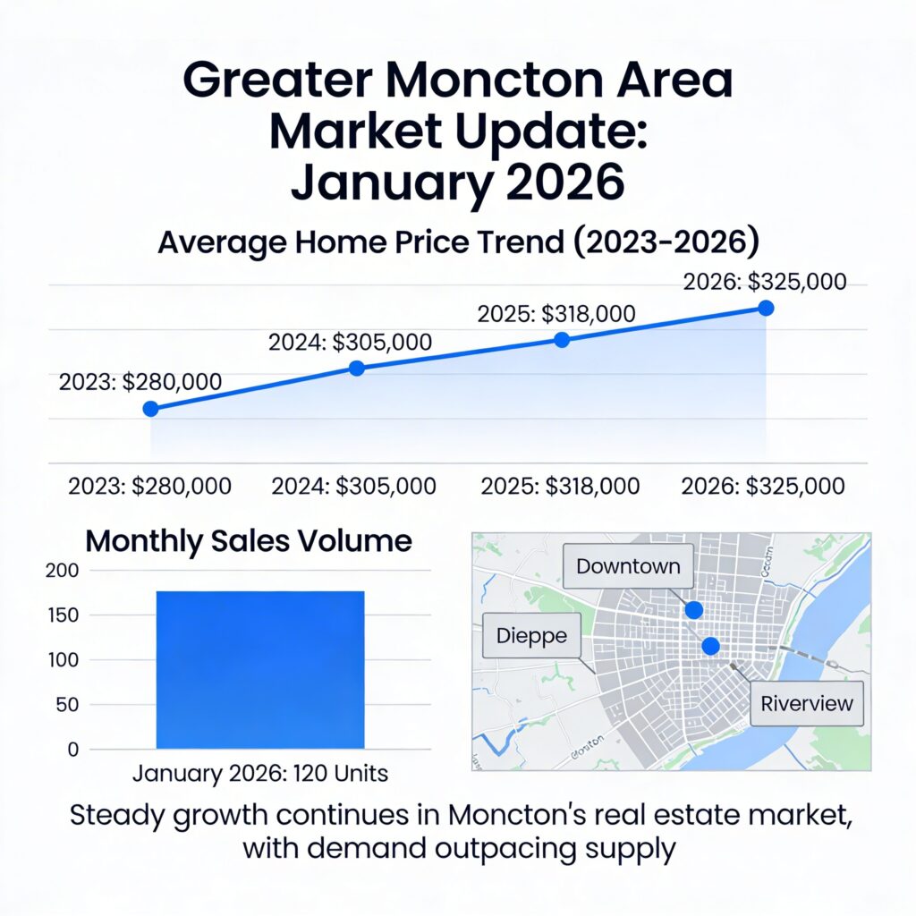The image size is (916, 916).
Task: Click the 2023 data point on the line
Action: pyautogui.click(x=150, y=409)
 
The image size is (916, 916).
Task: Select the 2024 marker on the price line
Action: pyautogui.click(x=356, y=368)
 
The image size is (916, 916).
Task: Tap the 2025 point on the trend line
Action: pyautogui.click(x=562, y=340)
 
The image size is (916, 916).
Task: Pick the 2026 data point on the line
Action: pyautogui.click(x=766, y=308)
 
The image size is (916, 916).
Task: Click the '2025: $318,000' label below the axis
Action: pyautogui.click(x=561, y=487)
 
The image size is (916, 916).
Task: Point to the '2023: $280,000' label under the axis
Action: pyautogui.click(x=150, y=487)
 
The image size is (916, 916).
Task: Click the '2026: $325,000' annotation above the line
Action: pyautogui.click(x=765, y=282)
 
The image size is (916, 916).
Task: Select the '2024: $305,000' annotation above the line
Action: pyautogui.click(x=350, y=341)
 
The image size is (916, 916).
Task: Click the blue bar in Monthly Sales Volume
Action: pyautogui.click(x=260, y=669)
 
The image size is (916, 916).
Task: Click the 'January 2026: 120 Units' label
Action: pyautogui.click(x=260, y=773)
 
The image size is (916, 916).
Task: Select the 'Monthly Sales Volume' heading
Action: pyautogui.click(x=248, y=541)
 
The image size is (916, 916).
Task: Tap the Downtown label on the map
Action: pyautogui.click(x=628, y=566)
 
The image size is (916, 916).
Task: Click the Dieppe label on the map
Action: pyautogui.click(x=531, y=636)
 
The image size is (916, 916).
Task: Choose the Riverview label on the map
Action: pyautogui.click(x=807, y=703)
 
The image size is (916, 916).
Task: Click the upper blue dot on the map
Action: pyautogui.click(x=693, y=610)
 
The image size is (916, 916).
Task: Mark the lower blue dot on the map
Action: pyautogui.click(x=710, y=646)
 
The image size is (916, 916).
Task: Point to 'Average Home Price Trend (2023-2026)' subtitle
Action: pyautogui.click(x=457, y=242)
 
